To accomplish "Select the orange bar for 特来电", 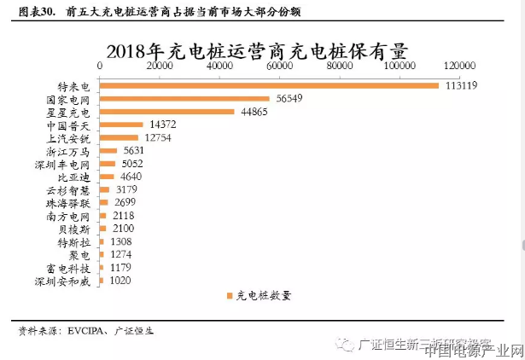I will click(x=269, y=86).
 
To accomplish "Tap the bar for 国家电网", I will click(x=185, y=99).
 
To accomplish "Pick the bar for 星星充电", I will click(x=167, y=112).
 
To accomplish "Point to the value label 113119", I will click(x=459, y=86).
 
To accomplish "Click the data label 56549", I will click(x=289, y=99).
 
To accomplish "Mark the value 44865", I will click(x=254, y=112).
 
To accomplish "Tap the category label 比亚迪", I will click(x=82, y=177).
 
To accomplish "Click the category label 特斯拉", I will click(x=82, y=241).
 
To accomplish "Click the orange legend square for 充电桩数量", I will click(x=230, y=297).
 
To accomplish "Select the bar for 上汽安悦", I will click(x=120, y=137).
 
